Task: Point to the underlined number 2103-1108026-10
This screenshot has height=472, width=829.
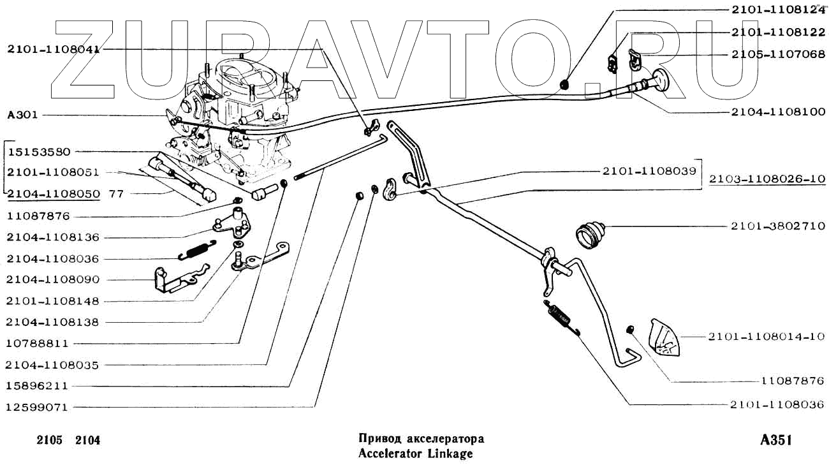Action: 767,180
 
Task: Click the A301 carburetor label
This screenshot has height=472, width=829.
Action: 22,115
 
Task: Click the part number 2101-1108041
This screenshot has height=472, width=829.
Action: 54,49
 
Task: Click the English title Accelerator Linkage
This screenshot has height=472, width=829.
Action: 415,454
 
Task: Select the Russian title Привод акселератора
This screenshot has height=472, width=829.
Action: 421,439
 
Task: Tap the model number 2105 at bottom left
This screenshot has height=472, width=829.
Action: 48,441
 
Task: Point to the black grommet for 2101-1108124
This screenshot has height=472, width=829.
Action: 564,84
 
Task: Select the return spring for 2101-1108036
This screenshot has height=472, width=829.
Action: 561,317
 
